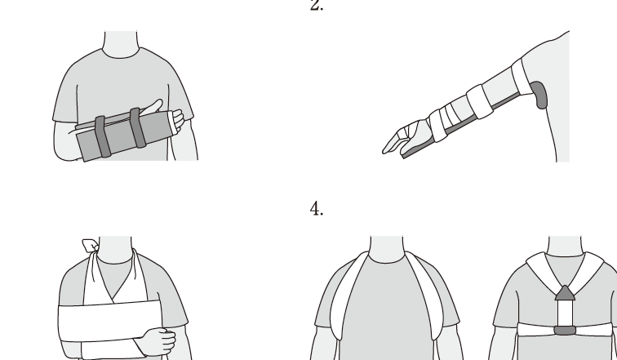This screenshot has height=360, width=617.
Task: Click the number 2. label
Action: coord(317,5)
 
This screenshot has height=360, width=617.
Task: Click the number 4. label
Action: coord(317,208)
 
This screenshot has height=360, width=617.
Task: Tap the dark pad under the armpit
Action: coord(539,95)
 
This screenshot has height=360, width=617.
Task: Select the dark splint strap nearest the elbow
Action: coord(102,137)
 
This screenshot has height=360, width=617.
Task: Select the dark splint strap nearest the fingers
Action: coord(138,128)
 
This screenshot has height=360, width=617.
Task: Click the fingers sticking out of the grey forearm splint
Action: coord(178,119)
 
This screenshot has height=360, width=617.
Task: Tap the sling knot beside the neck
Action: coord(90,246)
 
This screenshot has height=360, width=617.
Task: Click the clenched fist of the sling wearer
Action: coord(158,341)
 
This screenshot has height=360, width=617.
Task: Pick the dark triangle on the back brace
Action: coord(565,293)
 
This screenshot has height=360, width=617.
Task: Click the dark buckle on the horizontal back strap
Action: coord(565,331)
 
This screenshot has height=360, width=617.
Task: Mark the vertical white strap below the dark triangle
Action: coord(565,313)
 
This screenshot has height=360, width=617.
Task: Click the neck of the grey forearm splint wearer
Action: coord(121,44)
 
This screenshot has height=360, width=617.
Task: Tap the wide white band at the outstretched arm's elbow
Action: coord(480,101)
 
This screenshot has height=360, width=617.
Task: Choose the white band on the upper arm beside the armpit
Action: coord(522,77)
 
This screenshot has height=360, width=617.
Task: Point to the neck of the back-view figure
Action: coord(565,246)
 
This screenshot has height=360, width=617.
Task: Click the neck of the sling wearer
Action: coord(115,250)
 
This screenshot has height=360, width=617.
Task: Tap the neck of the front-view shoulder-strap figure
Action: coord(386,249)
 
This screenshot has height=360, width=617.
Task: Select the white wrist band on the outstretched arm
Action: coord(438,125)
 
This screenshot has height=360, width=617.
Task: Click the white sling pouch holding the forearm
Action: coord(109,321)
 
